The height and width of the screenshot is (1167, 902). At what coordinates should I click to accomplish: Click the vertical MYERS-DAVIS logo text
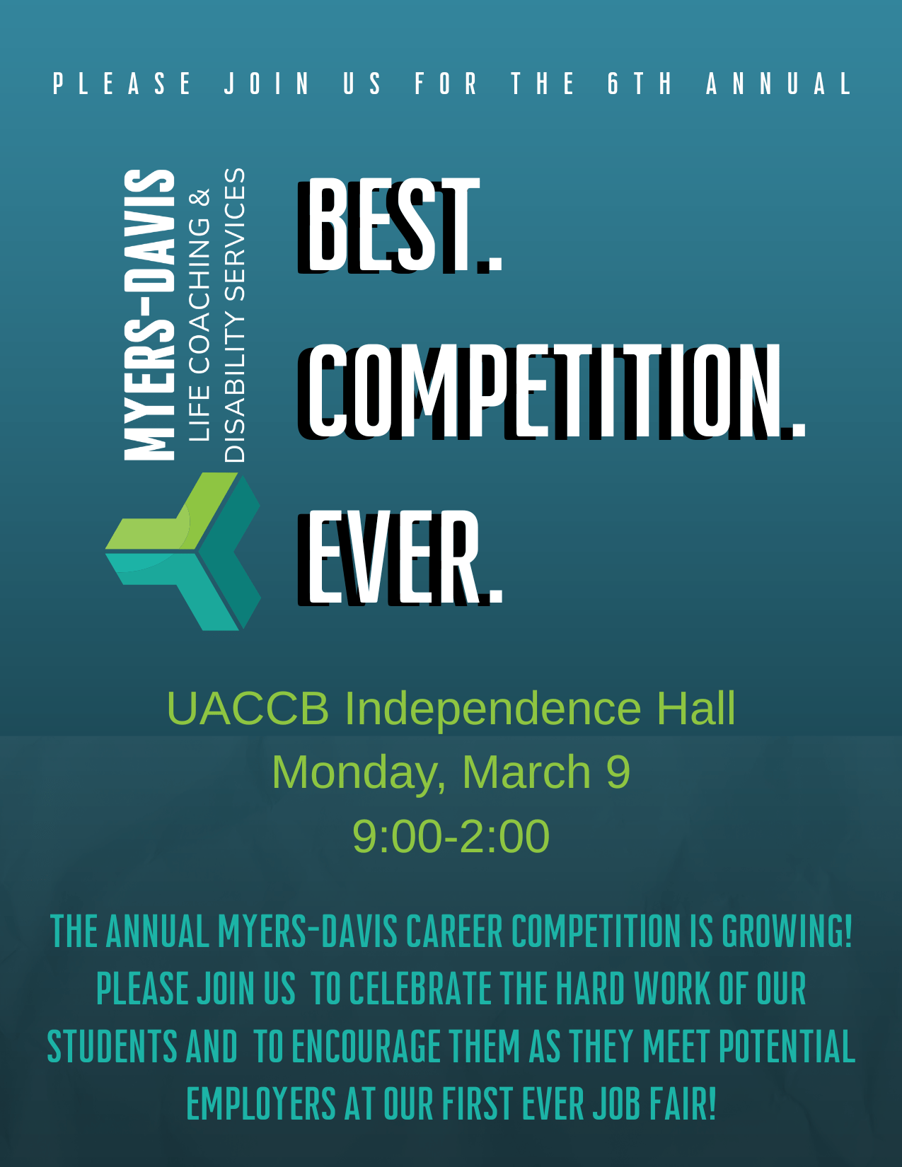coord(149,315)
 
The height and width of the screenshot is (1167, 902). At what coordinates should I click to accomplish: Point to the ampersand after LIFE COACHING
coord(200,198)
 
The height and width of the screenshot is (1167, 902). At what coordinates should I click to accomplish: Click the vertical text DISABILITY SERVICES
coord(235,315)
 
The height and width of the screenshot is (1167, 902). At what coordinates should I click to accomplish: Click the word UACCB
coord(248,709)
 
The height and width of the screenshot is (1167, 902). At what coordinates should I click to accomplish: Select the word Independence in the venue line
coord(492,709)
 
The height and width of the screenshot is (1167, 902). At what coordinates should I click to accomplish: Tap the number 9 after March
coord(618,772)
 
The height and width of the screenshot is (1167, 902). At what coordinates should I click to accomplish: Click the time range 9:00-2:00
coord(451,836)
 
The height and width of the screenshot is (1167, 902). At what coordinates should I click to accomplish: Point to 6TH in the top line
coord(640,83)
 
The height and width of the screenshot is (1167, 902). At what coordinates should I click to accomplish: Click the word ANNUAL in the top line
coord(778,83)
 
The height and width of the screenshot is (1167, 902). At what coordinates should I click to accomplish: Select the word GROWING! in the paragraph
coord(787,931)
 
